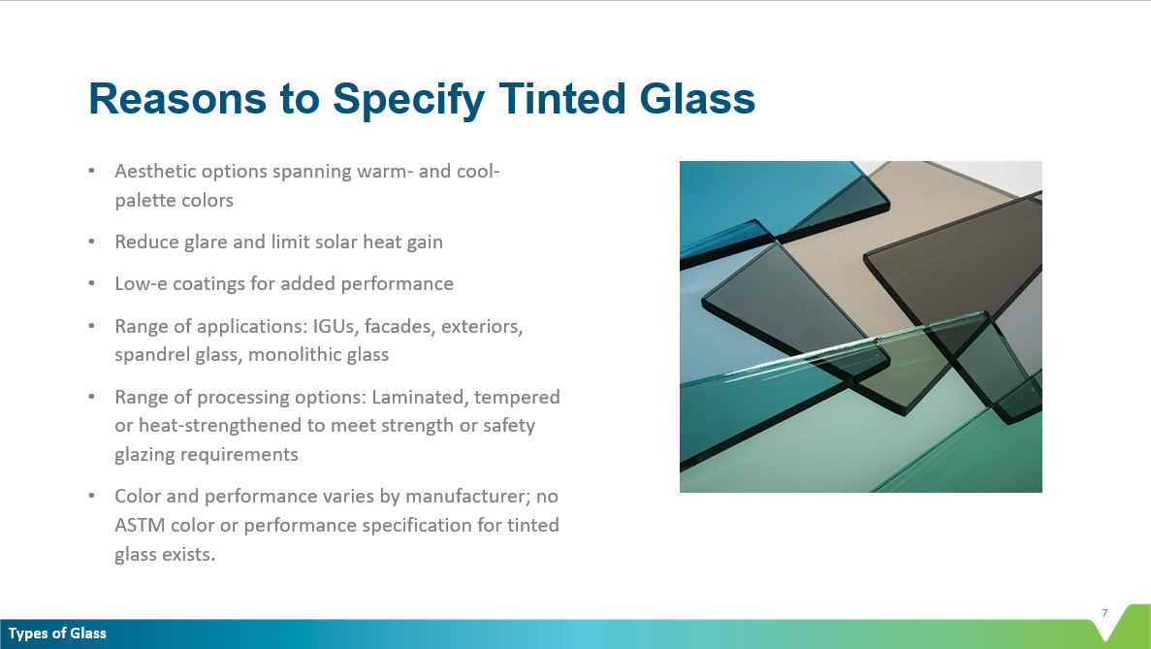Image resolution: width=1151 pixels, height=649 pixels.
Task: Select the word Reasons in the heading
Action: click(176, 98)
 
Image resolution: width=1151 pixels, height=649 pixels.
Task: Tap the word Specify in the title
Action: click(408, 100)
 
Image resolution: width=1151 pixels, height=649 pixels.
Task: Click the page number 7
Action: click(1104, 613)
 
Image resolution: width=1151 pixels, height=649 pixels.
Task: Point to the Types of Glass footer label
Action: click(57, 633)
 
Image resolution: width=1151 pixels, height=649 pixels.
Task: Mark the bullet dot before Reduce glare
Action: click(91, 242)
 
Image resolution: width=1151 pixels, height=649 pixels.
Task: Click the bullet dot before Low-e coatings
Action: click(91, 283)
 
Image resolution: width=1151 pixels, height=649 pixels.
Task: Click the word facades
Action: click(400, 326)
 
